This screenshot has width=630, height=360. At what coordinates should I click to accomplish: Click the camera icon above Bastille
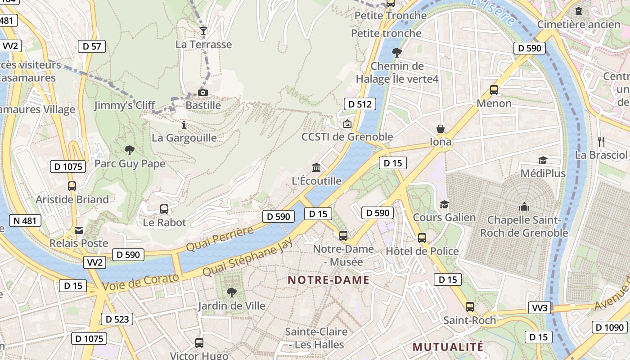[203, 93]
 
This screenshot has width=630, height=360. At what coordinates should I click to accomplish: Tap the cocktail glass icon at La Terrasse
[203, 31]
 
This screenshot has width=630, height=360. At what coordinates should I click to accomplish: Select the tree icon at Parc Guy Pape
[130, 150]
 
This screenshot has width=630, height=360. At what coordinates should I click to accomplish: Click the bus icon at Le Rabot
[164, 209]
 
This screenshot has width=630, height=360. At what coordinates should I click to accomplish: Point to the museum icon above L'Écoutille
[316, 167]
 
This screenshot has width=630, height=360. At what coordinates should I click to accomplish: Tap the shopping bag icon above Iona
[441, 129]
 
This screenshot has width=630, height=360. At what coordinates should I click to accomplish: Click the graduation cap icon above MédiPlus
[543, 160]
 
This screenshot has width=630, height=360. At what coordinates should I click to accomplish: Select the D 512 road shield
[360, 104]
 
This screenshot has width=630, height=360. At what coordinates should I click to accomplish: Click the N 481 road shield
[25, 220]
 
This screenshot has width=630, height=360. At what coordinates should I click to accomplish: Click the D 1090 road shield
[609, 328]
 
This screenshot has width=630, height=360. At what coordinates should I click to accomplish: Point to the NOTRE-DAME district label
[328, 280]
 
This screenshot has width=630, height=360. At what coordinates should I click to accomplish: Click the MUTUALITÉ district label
[448, 347]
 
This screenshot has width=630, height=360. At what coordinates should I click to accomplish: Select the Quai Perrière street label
[220, 239]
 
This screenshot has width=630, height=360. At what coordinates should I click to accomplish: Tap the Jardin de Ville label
[231, 306]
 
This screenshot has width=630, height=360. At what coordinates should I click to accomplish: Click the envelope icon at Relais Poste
[79, 230]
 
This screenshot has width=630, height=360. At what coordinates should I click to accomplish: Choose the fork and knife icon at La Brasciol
[601, 141]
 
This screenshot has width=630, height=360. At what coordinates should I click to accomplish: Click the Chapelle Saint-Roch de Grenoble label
[524, 226]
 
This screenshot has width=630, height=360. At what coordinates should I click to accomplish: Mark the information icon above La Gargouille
[184, 125]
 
